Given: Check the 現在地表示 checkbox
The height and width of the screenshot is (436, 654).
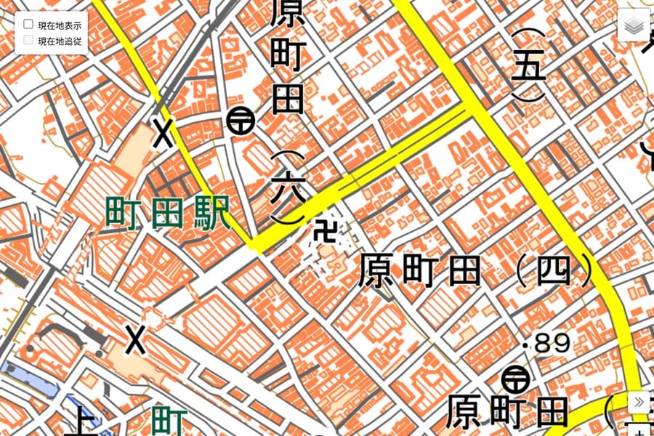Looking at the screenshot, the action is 28,25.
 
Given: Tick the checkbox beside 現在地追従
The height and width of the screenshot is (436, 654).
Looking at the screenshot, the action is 28,41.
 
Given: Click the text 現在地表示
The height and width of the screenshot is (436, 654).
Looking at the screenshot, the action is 59,25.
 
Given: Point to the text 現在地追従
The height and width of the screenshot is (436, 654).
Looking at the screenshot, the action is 59,41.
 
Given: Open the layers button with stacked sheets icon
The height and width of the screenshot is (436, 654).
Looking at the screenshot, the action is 633,26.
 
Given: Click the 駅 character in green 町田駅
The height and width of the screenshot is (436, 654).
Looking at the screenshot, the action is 214,213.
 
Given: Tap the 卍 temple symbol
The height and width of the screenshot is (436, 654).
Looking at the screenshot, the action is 326,233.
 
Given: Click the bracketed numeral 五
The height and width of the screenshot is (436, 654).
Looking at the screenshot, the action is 528,66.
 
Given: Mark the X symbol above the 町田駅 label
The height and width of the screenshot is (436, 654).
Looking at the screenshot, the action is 163,134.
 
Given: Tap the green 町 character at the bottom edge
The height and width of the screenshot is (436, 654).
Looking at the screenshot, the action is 170,422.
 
